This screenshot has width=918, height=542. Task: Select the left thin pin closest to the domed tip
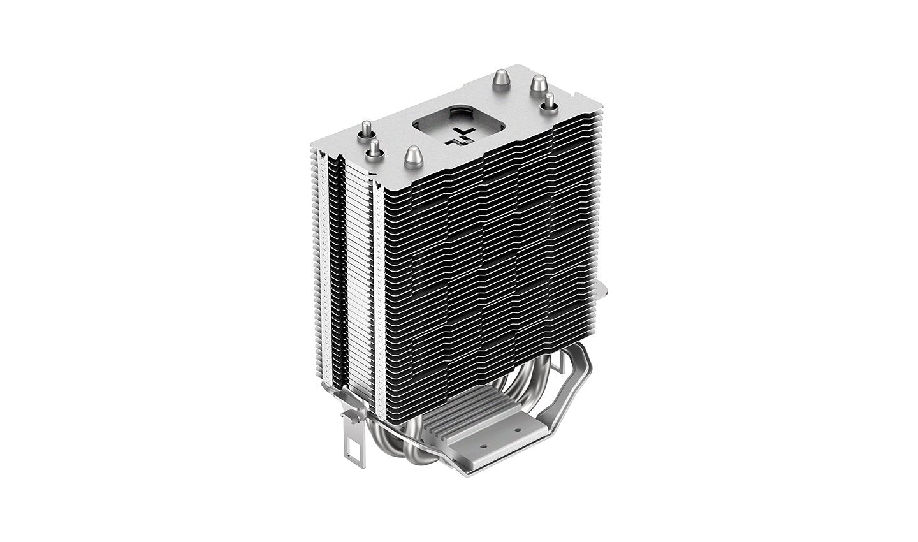[x=369, y=149]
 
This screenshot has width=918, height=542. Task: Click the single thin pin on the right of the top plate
[x=546, y=102]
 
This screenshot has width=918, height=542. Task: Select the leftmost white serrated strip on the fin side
[x=330, y=255]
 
